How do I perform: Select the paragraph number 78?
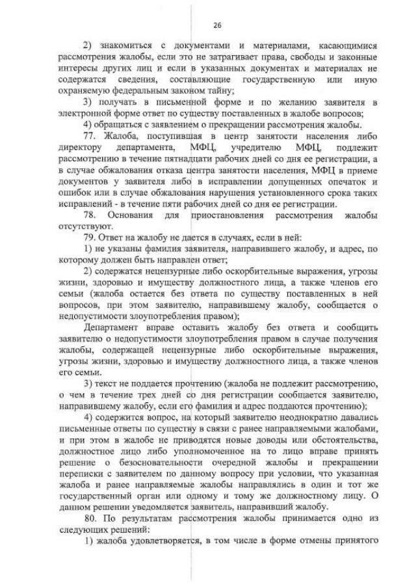coord(93,214)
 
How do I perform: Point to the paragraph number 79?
coord(93,237)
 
